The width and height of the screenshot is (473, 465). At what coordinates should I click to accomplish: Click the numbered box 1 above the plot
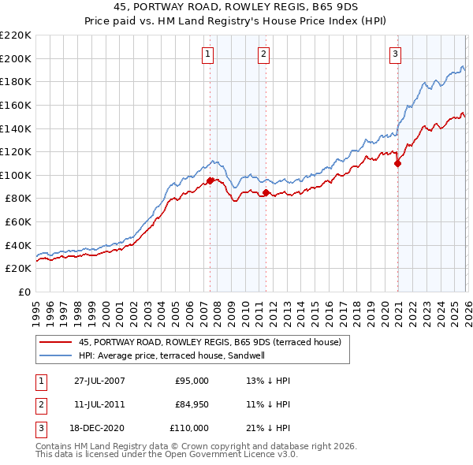[x=207, y=54]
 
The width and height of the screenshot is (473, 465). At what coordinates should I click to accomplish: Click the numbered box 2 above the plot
[x=263, y=54]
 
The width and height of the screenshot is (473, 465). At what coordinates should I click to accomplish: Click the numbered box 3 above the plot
[x=394, y=54]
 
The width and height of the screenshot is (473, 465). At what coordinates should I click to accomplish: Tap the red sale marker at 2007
[x=210, y=180]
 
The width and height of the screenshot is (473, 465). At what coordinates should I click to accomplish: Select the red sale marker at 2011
[x=266, y=192]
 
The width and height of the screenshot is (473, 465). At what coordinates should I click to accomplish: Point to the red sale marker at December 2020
[x=397, y=163]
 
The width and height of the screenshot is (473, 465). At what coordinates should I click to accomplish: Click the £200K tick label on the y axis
[x=16, y=58]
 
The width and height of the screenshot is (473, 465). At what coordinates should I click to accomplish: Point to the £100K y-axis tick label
[x=16, y=175]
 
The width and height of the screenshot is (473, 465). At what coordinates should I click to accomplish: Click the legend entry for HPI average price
[x=171, y=355]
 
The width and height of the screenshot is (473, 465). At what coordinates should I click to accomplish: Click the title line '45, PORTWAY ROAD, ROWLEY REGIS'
[x=236, y=8]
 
